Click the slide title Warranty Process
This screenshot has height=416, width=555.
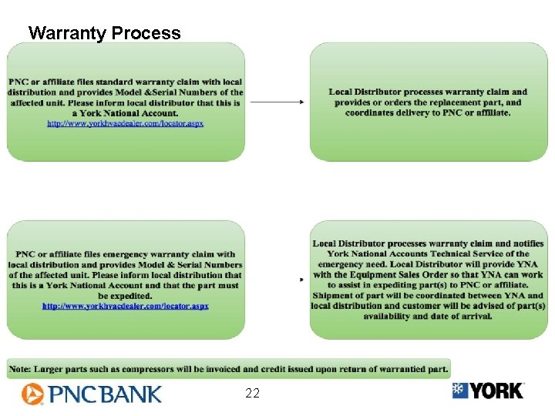pos(104,33)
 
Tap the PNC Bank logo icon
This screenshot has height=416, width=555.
pos(32,394)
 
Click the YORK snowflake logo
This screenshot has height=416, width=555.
pos(460,391)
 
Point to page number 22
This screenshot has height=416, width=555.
pos(252,394)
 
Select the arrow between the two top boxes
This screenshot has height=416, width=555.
pos(277,102)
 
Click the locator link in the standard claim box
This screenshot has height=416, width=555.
pos(126,123)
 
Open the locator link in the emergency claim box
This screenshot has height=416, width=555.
pos(126,306)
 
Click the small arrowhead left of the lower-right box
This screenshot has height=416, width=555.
pos(301,280)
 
